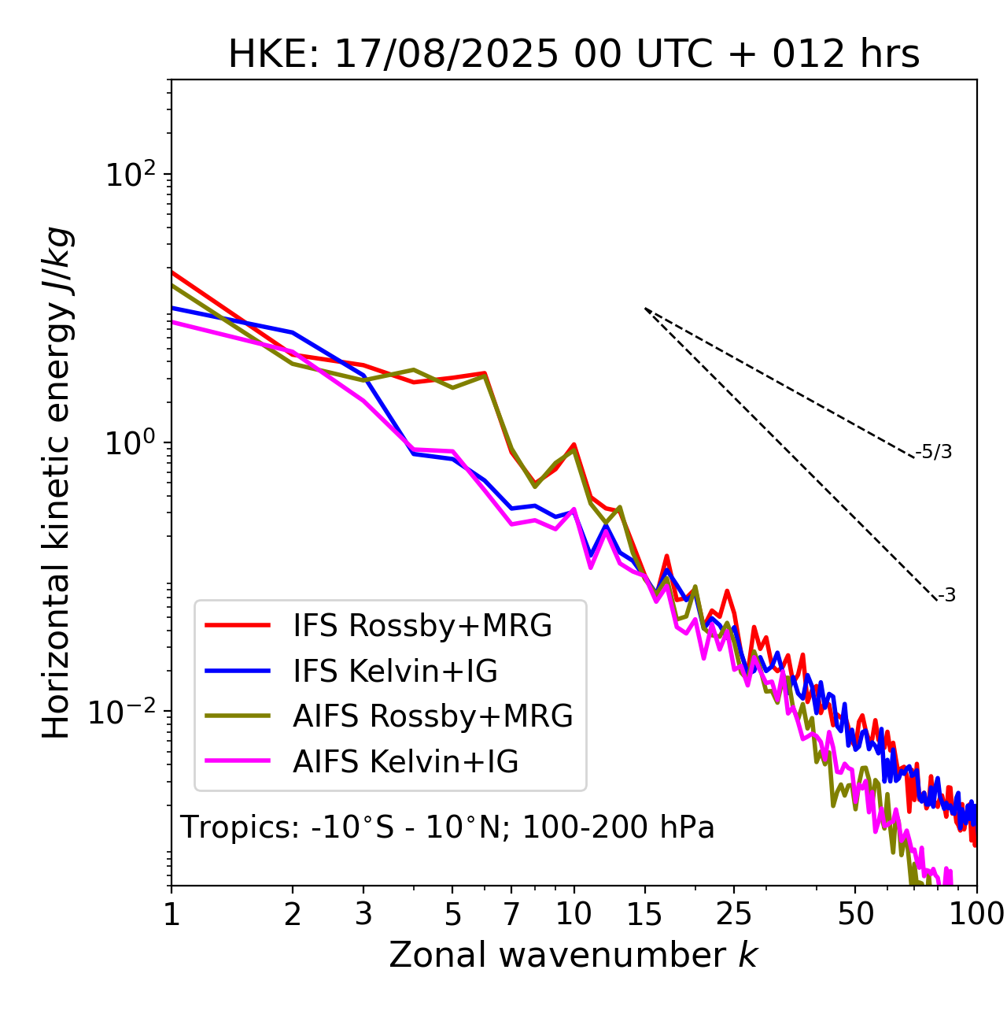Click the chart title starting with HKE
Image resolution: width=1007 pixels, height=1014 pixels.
574,55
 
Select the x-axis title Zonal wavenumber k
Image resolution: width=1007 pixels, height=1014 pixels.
573,955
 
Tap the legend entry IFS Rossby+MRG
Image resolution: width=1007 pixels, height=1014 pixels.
422,625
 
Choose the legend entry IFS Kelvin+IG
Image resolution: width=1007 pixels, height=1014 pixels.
395,671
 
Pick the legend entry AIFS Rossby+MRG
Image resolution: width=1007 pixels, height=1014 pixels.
432,716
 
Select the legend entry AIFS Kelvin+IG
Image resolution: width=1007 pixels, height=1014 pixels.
405,761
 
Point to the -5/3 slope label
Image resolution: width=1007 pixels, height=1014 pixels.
934,452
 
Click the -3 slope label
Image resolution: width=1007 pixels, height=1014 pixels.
946,595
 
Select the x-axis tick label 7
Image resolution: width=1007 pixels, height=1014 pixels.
511,914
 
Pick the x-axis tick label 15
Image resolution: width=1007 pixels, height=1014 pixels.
644,914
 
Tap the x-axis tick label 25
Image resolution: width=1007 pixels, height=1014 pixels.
733,914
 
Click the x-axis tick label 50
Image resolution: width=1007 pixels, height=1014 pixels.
855,914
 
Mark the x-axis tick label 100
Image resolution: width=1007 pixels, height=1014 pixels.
976,914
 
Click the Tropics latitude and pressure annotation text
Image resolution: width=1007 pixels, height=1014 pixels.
447,827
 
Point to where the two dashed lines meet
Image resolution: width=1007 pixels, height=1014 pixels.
645,308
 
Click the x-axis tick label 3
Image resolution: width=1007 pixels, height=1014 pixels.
363,914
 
